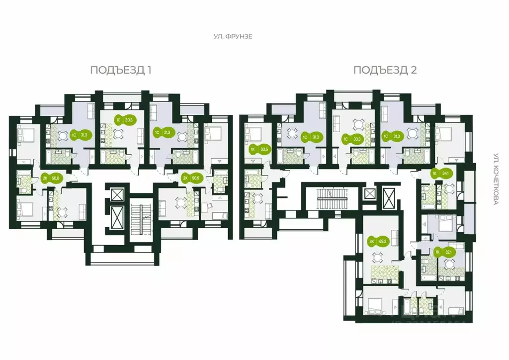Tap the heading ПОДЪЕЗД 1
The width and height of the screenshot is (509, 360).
[121, 70]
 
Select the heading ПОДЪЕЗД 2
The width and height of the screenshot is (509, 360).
[385, 70]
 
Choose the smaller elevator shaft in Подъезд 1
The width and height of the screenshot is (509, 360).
[117, 194]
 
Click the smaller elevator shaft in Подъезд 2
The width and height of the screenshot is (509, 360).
[370, 193]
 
